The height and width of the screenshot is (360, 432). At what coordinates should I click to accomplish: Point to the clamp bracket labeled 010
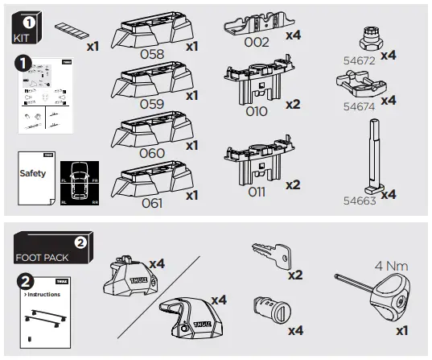click(x=256, y=81)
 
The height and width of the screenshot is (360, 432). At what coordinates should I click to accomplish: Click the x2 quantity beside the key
click(x=294, y=275)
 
